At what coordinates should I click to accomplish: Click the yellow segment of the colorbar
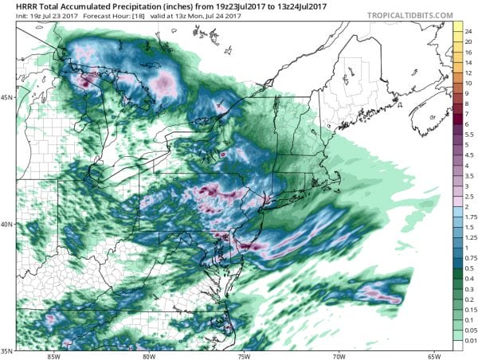[x=457, y=36]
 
